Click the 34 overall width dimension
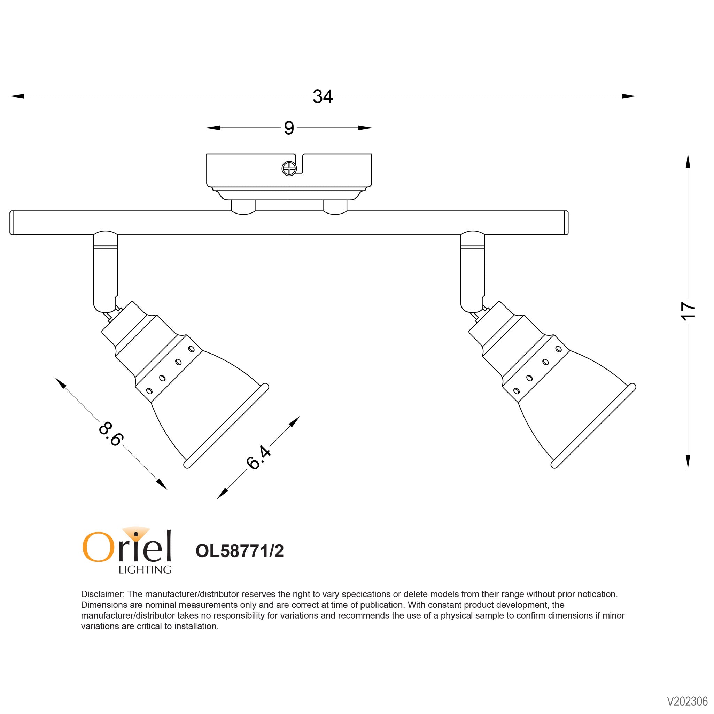(323, 97)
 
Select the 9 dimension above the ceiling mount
(289, 128)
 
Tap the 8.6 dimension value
(110, 434)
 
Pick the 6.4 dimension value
(259, 458)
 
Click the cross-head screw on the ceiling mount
(289, 169)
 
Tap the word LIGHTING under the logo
(145, 570)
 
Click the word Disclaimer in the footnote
(102, 594)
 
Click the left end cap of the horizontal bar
(12, 223)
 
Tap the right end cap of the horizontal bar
(566, 223)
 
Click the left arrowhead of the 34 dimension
(17, 96)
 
